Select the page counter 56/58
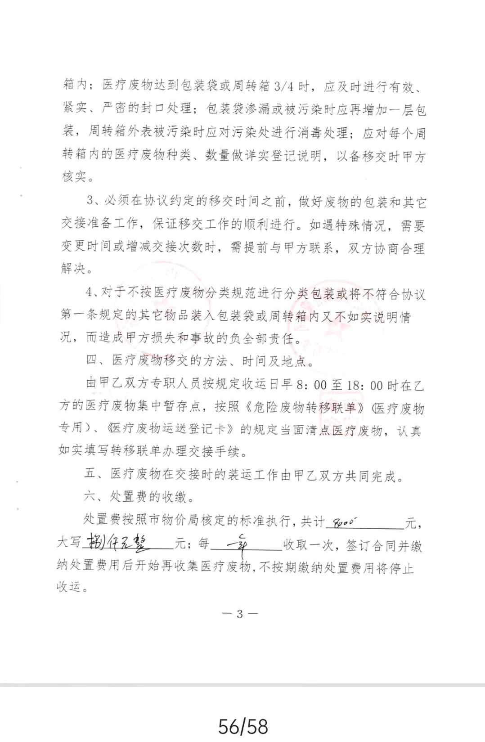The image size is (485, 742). [x=243, y=726]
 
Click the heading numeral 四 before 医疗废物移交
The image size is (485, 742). [x=91, y=360]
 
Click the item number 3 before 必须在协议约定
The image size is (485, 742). [x=90, y=200]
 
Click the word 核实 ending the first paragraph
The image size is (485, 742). [x=74, y=176]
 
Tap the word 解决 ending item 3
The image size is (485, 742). [x=73, y=269]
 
